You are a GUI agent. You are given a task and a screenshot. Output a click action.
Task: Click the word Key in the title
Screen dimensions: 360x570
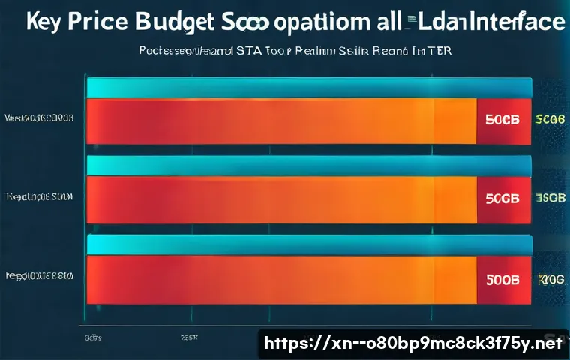(47, 22)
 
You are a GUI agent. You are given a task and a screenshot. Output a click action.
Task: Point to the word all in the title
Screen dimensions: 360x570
(381, 21)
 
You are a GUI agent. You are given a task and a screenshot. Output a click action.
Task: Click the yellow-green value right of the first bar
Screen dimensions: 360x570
(549, 119)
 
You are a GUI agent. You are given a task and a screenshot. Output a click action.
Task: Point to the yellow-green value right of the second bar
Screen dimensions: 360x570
(549, 199)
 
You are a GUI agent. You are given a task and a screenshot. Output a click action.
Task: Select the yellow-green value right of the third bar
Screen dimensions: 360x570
(549, 279)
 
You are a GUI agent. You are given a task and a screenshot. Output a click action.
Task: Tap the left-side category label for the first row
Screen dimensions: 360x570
(38, 118)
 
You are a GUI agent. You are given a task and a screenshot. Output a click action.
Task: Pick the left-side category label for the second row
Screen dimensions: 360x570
(38, 198)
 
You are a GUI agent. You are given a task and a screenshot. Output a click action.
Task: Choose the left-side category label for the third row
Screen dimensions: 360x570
(38, 276)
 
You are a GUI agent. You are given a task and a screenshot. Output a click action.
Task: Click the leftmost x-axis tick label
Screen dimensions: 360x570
(93, 338)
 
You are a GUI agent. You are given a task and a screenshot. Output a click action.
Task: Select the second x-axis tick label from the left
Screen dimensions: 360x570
(189, 338)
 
